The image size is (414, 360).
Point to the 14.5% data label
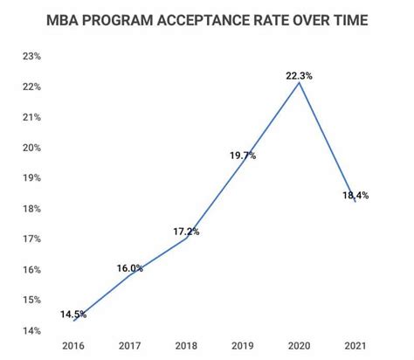[72, 314]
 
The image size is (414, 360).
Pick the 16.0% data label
[129, 268]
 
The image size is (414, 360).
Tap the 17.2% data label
[185, 232]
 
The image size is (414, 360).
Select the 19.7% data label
[242, 156]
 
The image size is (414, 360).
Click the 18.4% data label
[355, 195]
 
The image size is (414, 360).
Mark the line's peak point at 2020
[299, 83]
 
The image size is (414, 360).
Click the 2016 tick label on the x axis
[73, 347]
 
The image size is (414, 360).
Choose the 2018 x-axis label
[186, 347]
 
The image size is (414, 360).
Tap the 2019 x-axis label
[242, 347]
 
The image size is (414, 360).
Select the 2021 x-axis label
[355, 347]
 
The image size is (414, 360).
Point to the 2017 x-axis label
[129, 347]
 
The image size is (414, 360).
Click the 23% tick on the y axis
[32, 56]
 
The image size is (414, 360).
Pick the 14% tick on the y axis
[32, 330]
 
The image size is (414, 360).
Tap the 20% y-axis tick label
[32, 148]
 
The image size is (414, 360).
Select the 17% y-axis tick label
[32, 239]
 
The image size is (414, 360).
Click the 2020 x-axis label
[299, 347]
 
